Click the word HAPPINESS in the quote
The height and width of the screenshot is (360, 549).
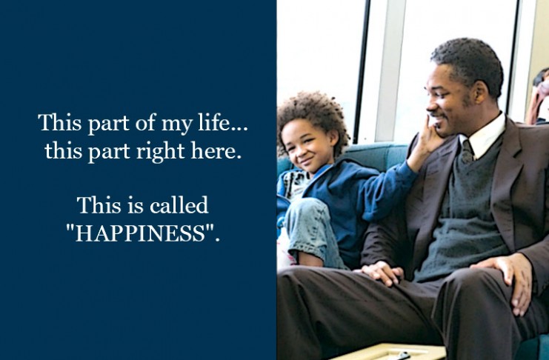click(x=140, y=233)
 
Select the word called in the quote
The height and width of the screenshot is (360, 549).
click(x=179, y=205)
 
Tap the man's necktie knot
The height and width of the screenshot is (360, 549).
click(x=467, y=153)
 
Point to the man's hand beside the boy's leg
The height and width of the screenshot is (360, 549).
click(x=380, y=272)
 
